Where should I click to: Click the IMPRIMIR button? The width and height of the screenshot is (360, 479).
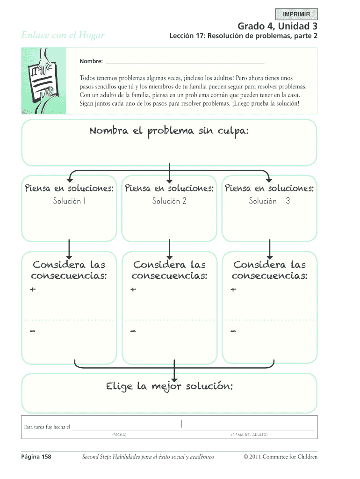297,14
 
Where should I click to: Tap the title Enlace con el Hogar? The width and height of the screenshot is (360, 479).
63,35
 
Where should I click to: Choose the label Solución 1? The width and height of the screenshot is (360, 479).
69,201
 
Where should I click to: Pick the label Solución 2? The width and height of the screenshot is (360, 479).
169,201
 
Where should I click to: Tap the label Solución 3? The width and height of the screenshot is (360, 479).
269,201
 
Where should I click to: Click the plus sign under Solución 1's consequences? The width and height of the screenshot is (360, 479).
32,290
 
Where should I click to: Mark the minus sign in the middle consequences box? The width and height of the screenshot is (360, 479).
133,332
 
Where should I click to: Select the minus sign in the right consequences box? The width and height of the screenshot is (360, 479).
233,332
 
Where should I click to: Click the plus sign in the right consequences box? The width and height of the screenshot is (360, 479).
233,290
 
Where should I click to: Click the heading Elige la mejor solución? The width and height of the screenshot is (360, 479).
169,386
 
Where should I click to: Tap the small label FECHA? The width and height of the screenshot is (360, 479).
119,435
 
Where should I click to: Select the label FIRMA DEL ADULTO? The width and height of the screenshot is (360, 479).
249,435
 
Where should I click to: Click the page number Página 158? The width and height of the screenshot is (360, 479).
36,457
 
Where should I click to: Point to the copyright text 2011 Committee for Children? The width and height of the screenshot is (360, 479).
281,457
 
